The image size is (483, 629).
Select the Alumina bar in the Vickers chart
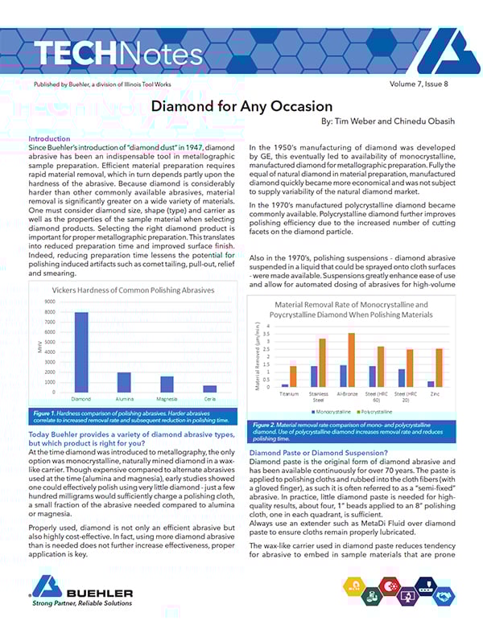coord(124,381)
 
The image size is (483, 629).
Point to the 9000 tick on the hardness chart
coord(48,302)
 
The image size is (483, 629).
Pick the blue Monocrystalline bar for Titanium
coord(285,384)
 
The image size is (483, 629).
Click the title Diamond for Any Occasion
coord(242,106)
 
